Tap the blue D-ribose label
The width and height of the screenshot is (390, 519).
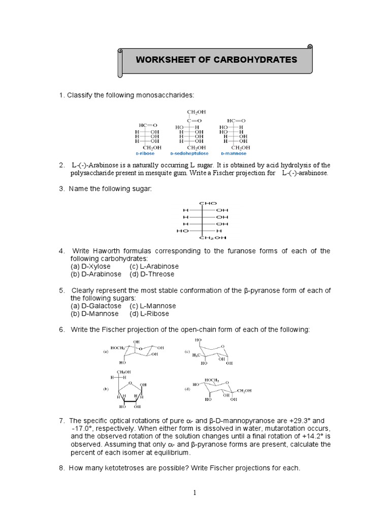coord(145,153)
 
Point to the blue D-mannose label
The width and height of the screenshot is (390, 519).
coord(234,153)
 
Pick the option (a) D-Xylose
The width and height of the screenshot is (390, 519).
coord(90,266)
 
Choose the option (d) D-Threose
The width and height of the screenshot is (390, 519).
coord(152,274)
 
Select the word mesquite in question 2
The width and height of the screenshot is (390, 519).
coord(188,173)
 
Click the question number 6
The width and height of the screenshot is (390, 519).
coord(61,329)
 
